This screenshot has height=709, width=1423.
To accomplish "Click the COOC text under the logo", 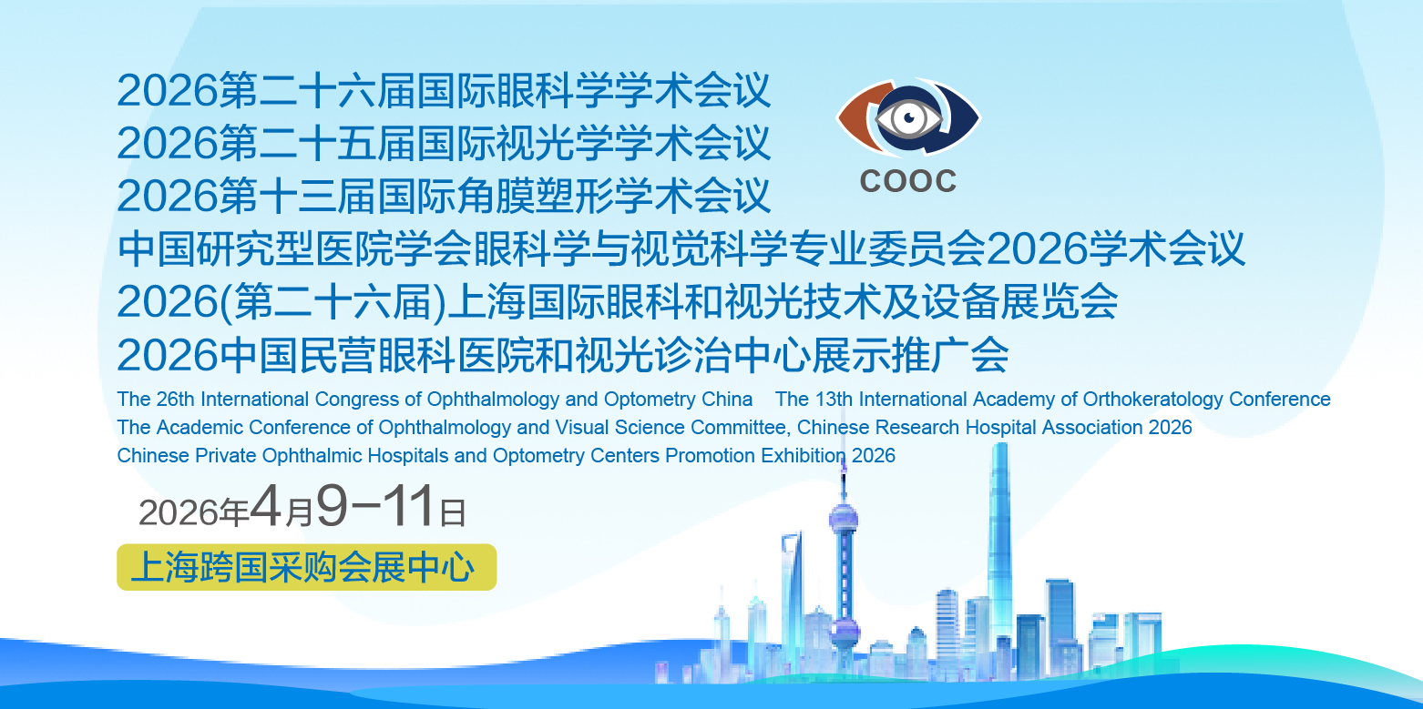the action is point(907,181).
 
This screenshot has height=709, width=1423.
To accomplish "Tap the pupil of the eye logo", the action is point(909,117).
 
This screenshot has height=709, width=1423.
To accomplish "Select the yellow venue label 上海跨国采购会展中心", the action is point(306,567).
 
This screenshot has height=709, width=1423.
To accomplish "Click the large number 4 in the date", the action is point(265,506).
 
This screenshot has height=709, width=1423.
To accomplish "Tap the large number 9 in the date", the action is point(333,506).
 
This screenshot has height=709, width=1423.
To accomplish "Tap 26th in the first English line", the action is point(175,400).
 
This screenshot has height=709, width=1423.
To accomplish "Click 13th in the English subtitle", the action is point(834,400).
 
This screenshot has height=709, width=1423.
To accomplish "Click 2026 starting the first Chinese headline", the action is point(168,91).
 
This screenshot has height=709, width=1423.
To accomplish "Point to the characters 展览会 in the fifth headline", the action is point(1059,301).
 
